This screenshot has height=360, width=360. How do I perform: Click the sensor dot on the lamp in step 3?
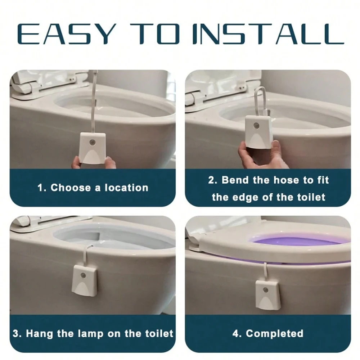84,275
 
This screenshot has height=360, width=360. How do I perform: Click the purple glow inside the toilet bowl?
295,240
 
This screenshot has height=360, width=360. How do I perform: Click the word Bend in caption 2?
235,180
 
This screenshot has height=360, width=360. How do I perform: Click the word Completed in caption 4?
275,333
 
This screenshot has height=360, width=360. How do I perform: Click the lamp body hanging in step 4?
268,294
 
